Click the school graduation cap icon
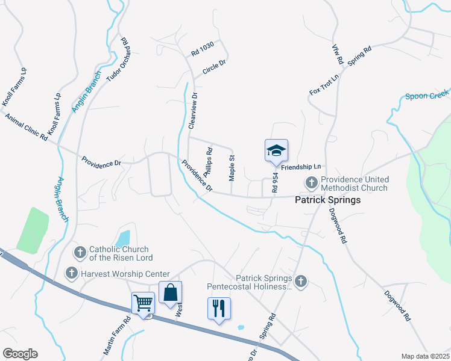pos(276,150)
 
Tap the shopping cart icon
pos(143,303)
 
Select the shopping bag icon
pos(171,292)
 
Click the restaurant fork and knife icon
pos(219,308)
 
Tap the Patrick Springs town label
pos(327,200)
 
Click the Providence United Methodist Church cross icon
pos(312,182)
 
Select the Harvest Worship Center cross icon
pos(71,274)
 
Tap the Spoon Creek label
pos(427,94)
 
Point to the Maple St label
pos(232,168)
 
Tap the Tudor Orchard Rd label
pos(118,60)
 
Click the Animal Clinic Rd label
pos(27,126)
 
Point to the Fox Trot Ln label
pos(324,84)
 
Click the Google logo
pos(20,354)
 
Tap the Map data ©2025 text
pos(425,356)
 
